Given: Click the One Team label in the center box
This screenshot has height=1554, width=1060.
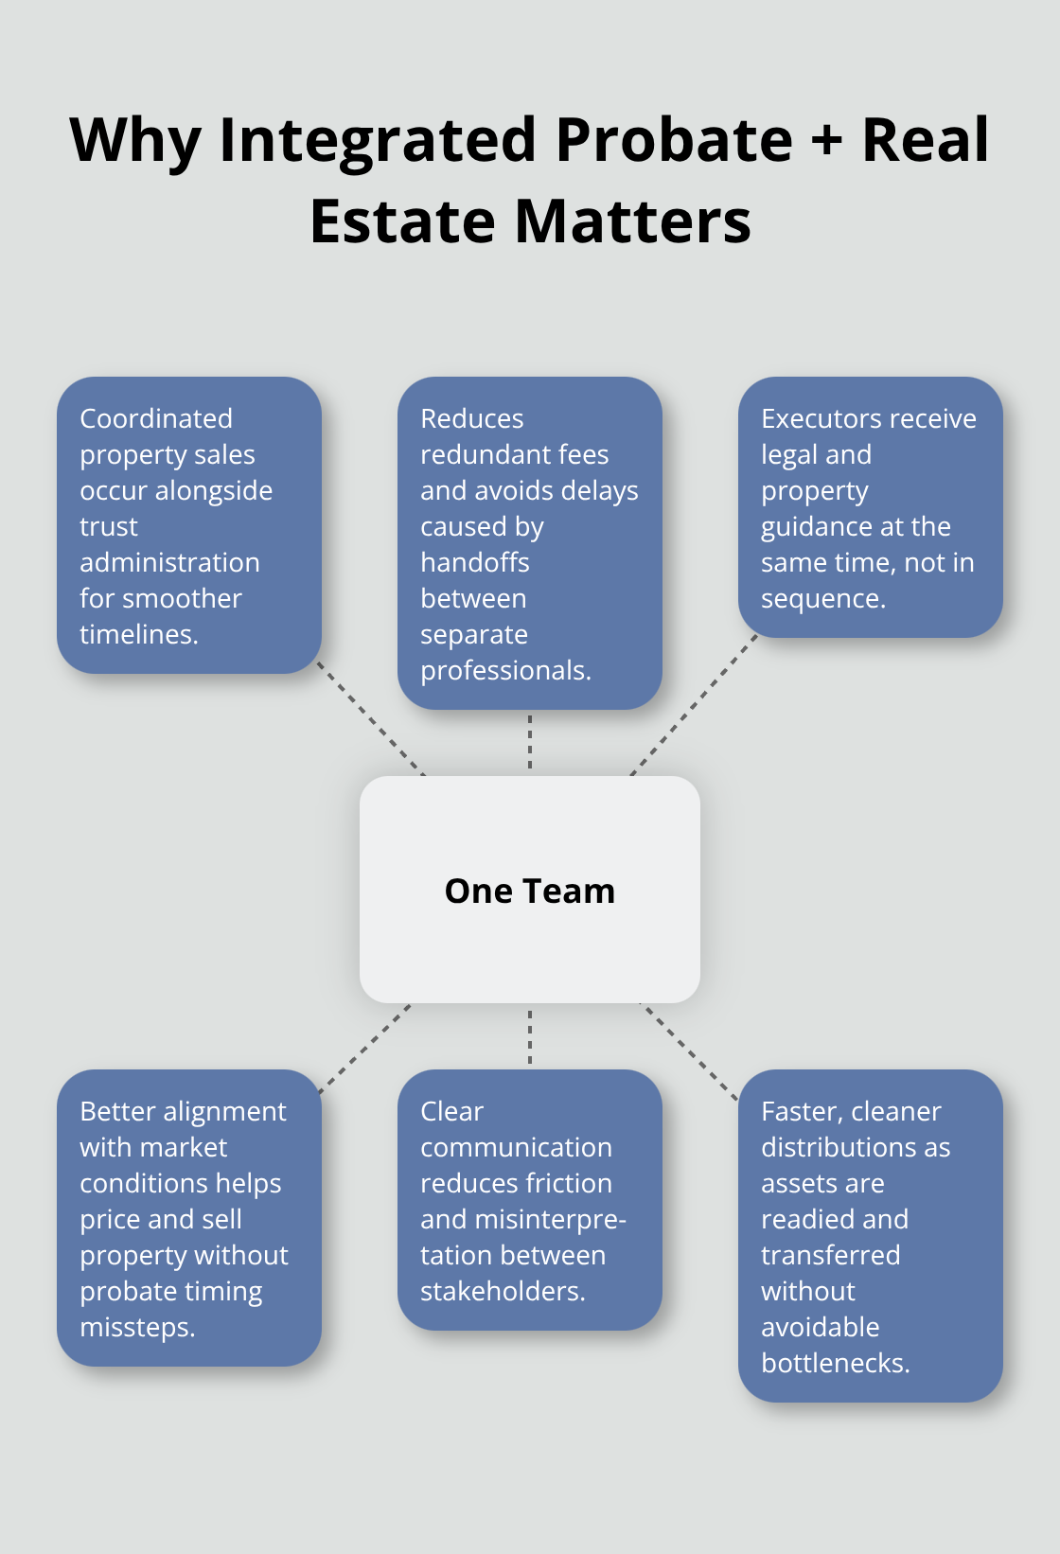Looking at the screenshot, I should (x=530, y=891).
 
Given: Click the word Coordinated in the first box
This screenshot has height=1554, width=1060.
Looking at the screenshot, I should (x=156, y=418).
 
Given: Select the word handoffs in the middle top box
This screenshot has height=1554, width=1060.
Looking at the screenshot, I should (x=474, y=562).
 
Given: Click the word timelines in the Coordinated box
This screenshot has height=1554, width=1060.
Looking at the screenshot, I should (x=137, y=634).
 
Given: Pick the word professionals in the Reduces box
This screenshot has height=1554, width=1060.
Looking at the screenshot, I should (x=504, y=670).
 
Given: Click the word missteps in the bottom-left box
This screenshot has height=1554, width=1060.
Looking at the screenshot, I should (x=136, y=1327).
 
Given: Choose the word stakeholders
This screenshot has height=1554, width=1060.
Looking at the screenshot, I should (x=502, y=1291).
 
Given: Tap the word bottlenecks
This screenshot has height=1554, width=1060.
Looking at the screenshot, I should (x=834, y=1363).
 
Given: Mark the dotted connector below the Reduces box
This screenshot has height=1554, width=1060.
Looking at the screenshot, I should (x=530, y=742).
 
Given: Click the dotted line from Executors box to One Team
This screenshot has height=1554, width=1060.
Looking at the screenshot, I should (x=694, y=705).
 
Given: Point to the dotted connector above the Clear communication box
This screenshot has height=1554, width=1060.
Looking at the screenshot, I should (x=530, y=1036).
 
